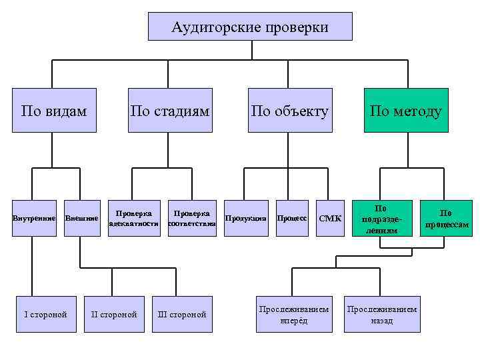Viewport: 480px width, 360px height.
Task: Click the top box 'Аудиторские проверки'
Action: pos(250,27)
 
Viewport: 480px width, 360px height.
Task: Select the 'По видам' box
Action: pos(54,111)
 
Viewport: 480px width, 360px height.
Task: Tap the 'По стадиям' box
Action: pos(170,111)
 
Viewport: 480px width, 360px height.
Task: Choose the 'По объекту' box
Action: pos(289,111)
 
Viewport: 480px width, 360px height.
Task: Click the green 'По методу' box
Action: pos(406,111)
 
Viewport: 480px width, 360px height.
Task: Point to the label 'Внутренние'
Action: pos(33,218)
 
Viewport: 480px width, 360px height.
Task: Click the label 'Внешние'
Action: pos(81,218)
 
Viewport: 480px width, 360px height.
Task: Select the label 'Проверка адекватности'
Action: pos(134,219)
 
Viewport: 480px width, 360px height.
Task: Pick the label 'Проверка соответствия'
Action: pos(192,219)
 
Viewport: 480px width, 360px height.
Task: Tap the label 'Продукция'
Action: pos(245,218)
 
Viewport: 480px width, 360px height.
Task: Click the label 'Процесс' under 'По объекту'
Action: pos(291,218)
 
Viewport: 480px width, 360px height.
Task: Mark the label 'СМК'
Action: pos(330,218)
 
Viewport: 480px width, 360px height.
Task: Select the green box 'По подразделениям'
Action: pos(381,219)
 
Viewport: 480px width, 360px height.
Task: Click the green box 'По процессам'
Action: pos(447,219)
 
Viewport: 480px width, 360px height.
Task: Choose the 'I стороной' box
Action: pos(45,314)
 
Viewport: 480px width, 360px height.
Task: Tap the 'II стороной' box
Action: pos(114,314)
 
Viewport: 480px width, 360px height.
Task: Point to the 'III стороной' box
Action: pos(182,314)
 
